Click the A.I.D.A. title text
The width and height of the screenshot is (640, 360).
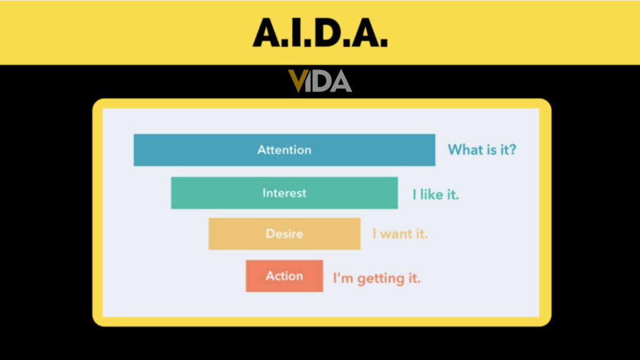click(x=320, y=32)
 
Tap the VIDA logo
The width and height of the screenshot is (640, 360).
click(x=320, y=81)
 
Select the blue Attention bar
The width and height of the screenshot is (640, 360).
click(x=187, y=150)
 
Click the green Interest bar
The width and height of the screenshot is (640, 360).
click(x=212, y=192)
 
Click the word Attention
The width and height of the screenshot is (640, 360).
click(x=284, y=150)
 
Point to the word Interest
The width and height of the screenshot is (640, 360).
click(x=284, y=192)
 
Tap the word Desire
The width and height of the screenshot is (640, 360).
click(x=284, y=234)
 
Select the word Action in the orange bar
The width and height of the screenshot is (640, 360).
click(x=284, y=276)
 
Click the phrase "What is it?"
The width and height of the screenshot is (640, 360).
click(x=482, y=150)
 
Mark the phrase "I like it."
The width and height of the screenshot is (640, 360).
click(x=436, y=194)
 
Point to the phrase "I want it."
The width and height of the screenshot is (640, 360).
click(x=400, y=234)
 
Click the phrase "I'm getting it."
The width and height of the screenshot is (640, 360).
click(x=376, y=278)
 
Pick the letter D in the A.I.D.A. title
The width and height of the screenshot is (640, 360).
click(x=330, y=32)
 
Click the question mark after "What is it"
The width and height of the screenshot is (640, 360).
click(x=512, y=150)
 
